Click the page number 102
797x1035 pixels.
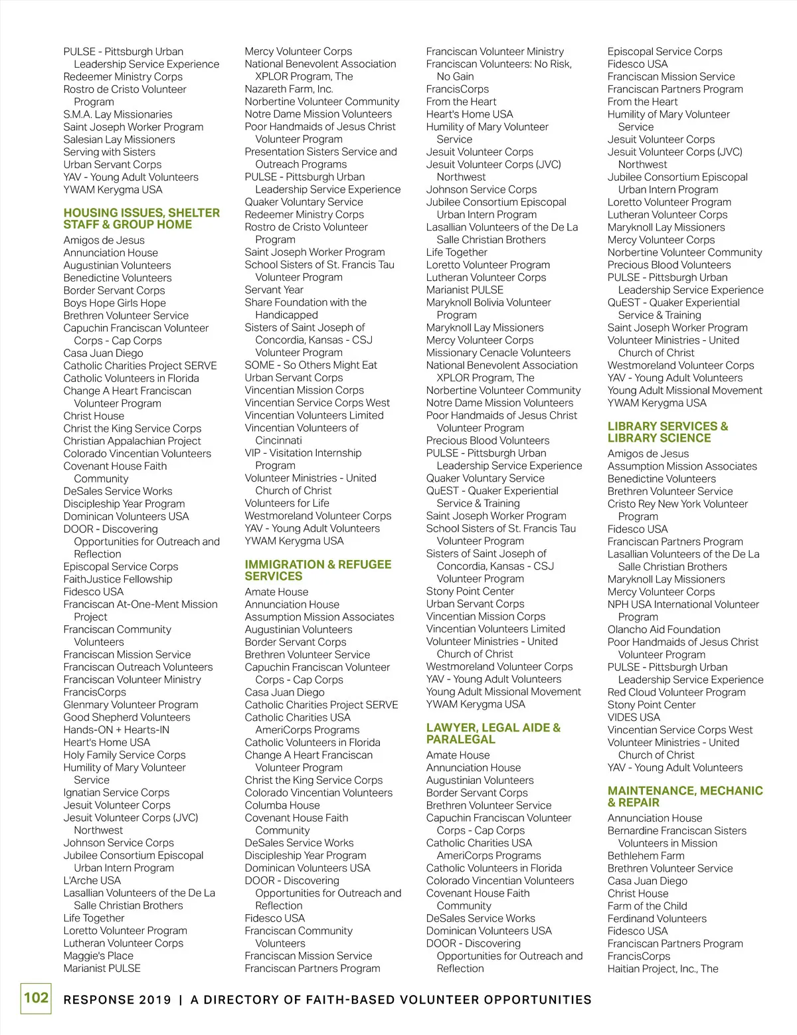click(x=36, y=998)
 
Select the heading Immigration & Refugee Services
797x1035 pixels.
click(x=317, y=570)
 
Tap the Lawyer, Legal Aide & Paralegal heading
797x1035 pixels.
click(x=493, y=733)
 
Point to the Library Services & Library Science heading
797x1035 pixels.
click(x=667, y=432)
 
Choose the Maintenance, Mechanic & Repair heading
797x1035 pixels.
click(x=685, y=797)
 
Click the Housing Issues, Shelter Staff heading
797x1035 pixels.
click(x=141, y=219)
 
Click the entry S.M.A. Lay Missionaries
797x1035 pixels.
click(x=118, y=114)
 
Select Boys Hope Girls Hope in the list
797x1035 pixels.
click(x=114, y=303)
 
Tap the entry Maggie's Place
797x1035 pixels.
click(x=98, y=955)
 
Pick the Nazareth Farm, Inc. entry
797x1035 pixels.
click(x=289, y=89)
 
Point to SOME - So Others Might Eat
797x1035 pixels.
click(x=311, y=365)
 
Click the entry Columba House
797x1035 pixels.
click(x=282, y=805)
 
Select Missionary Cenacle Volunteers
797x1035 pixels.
click(x=498, y=353)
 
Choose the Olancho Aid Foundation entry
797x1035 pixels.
click(x=664, y=629)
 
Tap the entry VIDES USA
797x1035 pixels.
click(x=634, y=717)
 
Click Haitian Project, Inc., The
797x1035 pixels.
click(x=663, y=969)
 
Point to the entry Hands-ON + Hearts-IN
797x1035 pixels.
click(x=116, y=729)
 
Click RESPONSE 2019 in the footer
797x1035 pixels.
click(x=117, y=1000)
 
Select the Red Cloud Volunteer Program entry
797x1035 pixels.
click(x=676, y=692)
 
